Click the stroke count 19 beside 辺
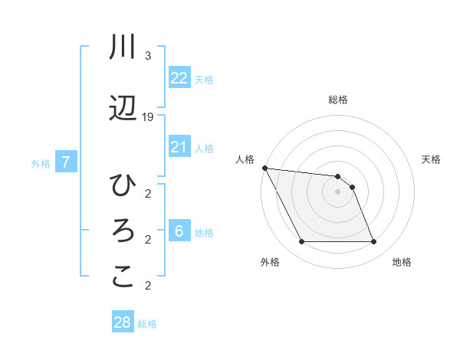pos(148,117)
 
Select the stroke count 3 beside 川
pos(147,56)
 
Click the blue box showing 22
pos(179,78)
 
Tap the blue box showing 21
pos(179,147)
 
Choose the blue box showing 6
pos(179,231)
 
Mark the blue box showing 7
pos(66,162)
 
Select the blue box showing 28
pos(122,322)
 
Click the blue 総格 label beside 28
pos(147,324)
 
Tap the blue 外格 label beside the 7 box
pos(41,163)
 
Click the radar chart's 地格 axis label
pos(402,262)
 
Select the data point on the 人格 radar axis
pos(264,168)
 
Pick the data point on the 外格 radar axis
pos(301,242)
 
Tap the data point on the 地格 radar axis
pos(374,242)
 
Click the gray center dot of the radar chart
pos(337,192)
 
